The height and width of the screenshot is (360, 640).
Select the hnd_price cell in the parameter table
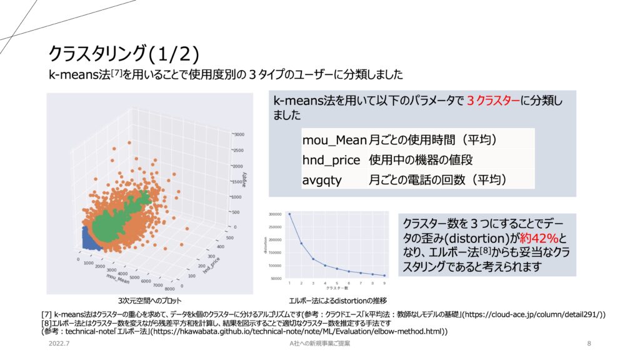tap(331, 159)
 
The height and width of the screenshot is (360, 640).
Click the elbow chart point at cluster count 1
tap(289, 214)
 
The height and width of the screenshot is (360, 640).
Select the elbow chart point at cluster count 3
tap(313, 259)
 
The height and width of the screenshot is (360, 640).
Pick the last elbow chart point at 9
tap(385, 275)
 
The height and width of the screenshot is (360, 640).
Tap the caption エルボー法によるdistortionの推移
tap(337, 300)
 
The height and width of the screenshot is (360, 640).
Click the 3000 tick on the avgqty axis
tap(239, 134)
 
